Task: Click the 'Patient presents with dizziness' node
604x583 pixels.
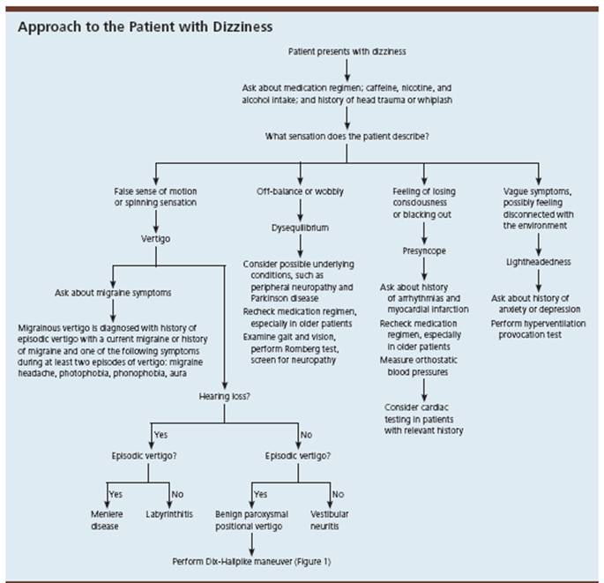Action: pos(347,51)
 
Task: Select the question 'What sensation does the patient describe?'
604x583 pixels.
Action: pos(347,136)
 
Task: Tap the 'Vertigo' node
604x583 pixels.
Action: pos(155,237)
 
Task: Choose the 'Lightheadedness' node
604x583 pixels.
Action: pos(538,263)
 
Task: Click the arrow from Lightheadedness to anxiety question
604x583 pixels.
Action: pos(538,280)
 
